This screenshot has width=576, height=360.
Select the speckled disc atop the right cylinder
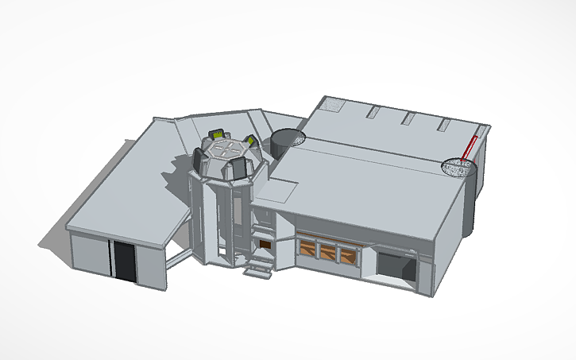[x=458, y=167]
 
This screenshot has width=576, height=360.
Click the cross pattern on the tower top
[x=226, y=147]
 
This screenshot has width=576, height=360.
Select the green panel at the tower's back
[x=215, y=134]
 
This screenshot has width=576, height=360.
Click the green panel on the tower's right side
[x=251, y=142]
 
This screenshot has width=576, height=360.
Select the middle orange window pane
[x=327, y=251]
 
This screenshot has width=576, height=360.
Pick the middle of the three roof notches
[x=409, y=118]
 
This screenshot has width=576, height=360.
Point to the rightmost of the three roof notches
[x=444, y=125]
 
